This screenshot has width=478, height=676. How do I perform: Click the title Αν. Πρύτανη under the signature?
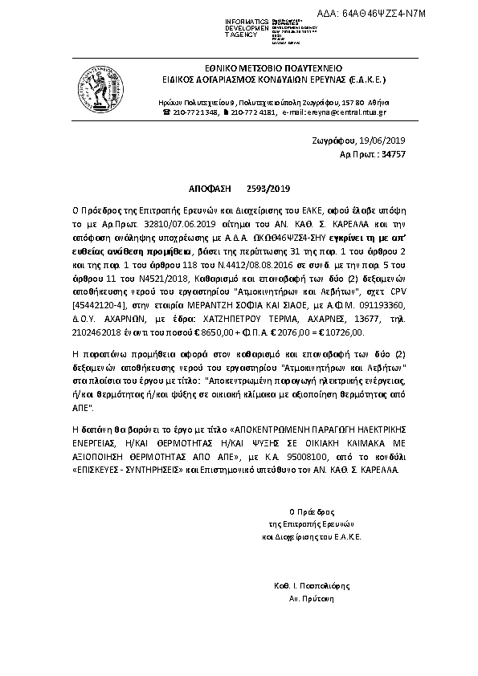[311, 599]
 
